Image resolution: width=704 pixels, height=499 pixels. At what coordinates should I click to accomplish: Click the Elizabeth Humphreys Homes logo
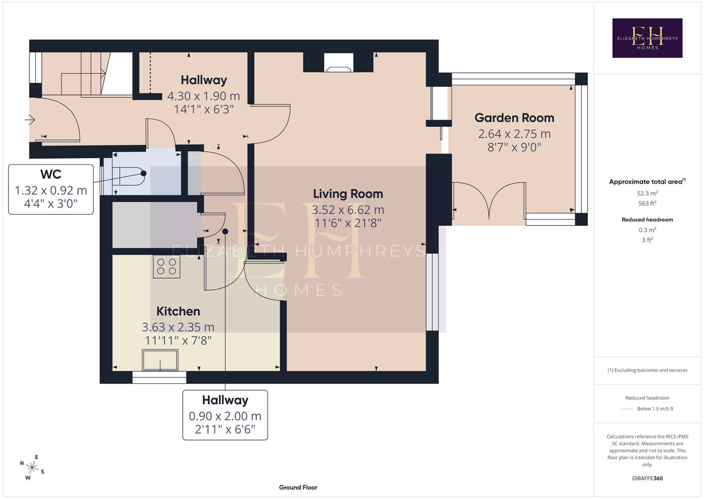point(647,38)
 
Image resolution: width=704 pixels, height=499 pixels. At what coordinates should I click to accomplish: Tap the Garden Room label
point(514,118)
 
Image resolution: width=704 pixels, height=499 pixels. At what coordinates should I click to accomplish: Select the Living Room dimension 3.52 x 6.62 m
point(348,210)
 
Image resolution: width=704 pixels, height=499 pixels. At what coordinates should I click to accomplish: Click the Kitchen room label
point(178,311)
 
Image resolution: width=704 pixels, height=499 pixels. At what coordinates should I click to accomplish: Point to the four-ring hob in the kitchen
point(166,266)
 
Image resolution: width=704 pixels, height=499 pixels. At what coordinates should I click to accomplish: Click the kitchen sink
point(160,360)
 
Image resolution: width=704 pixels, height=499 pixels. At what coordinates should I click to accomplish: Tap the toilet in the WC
point(129,176)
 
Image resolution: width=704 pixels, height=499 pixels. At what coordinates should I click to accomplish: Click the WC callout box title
point(51,174)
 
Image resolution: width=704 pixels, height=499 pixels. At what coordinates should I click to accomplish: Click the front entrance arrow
point(30,120)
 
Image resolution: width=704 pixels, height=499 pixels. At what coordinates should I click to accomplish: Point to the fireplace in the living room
point(338,62)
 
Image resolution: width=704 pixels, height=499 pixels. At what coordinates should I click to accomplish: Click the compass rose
point(32,468)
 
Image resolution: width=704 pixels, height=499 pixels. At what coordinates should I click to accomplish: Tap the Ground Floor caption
point(298,488)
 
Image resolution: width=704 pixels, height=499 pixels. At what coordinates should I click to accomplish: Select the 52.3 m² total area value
point(647,193)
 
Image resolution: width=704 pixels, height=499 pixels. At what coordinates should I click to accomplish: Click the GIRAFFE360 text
point(647,478)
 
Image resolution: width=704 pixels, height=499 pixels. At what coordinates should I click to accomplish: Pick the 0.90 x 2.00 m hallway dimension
point(225,416)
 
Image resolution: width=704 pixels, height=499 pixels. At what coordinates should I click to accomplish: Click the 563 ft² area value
point(647,204)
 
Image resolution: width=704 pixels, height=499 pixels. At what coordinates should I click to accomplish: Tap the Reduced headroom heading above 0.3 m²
point(647,220)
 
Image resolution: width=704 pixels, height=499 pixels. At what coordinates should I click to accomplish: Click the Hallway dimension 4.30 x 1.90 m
point(204,96)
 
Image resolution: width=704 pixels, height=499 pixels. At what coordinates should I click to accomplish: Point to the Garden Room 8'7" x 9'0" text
point(514,147)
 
